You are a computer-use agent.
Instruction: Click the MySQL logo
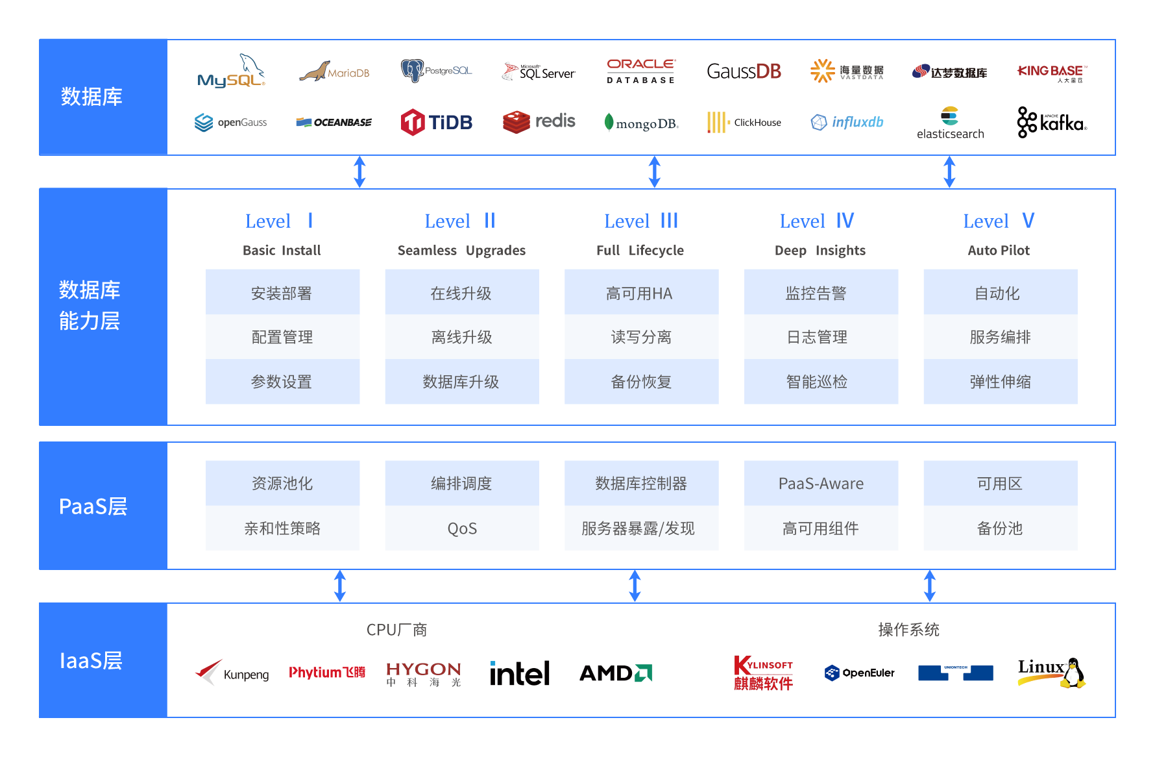tap(232, 71)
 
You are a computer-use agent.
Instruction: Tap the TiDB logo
tap(436, 122)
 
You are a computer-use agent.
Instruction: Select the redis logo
tap(539, 121)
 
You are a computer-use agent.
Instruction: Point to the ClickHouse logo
tap(744, 122)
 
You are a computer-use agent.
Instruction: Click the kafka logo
tap(1052, 122)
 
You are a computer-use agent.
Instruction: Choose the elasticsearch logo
tap(950, 123)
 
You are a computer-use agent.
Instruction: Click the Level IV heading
tap(817, 221)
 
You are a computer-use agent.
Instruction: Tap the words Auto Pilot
tap(999, 251)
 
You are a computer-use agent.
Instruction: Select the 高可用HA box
tap(641, 292)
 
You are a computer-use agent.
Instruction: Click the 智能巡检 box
tap(821, 382)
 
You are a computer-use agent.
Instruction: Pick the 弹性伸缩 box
tap(1001, 382)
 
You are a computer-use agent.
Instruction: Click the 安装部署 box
tap(282, 292)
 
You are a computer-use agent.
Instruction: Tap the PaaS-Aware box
tap(821, 483)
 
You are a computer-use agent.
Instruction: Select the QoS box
tap(462, 528)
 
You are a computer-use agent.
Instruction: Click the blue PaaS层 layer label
tap(103, 506)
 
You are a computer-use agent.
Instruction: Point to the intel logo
tap(520, 673)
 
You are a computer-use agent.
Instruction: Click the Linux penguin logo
tap(1052, 673)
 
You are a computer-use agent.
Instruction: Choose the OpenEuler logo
tap(859, 673)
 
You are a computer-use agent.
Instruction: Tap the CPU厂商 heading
tap(396, 630)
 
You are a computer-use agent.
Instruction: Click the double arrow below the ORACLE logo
tap(655, 172)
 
